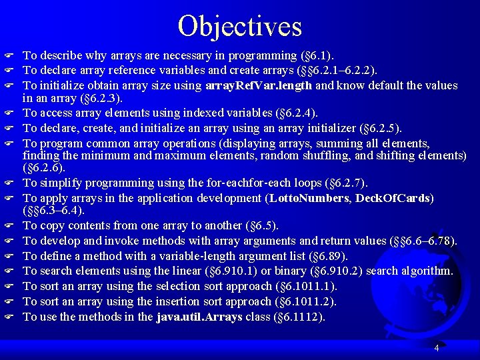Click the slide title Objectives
pos(240,25)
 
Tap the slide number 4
pos(436,348)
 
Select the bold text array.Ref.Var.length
pos(259,85)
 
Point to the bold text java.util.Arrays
pos(199,317)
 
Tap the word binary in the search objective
pos(285,271)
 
